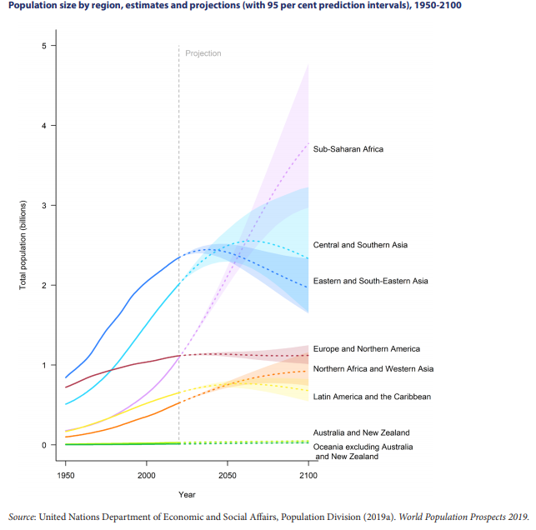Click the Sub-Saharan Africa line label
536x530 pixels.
[348, 149]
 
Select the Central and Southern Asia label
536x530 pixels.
[360, 245]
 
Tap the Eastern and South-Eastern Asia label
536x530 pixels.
[370, 281]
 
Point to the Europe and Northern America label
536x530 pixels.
[366, 348]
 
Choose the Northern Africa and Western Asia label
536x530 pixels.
[373, 368]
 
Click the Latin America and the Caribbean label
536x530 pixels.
[372, 397]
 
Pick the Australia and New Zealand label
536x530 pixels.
[361, 432]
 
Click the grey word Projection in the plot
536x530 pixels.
[203, 53]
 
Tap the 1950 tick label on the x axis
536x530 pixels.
[66, 475]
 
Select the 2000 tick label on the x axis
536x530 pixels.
[147, 475]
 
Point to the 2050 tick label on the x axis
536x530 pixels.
[228, 475]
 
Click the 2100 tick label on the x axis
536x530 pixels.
[308, 475]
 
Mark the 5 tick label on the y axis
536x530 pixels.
[44, 45]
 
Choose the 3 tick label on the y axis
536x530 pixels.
[44, 205]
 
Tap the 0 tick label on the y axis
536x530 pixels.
[44, 445]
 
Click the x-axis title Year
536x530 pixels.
[187, 494]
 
